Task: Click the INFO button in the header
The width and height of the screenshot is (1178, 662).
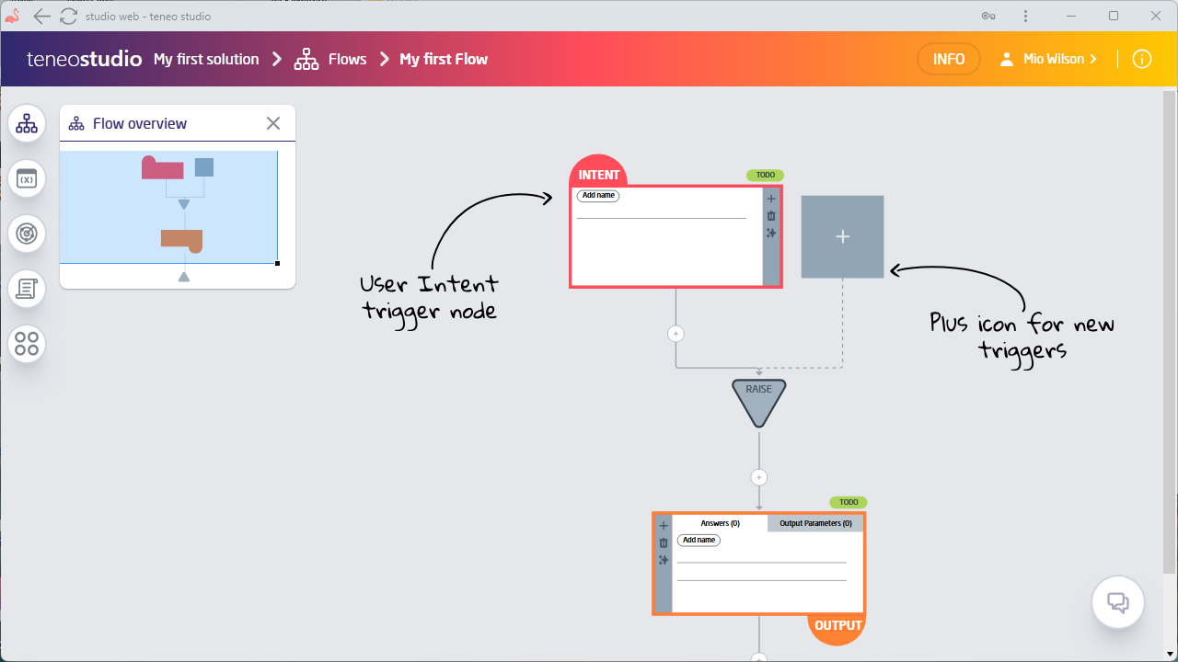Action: click(949, 59)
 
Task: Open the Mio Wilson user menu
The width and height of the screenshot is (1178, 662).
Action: click(1050, 59)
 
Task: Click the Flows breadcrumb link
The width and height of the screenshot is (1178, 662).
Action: click(347, 59)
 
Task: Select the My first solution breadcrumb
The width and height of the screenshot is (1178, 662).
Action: click(206, 59)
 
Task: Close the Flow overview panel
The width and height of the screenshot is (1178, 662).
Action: click(273, 123)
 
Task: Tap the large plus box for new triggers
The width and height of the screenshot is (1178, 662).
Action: click(842, 236)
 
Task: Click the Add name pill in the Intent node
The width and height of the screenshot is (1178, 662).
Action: click(598, 196)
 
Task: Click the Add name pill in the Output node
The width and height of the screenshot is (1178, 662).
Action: click(699, 540)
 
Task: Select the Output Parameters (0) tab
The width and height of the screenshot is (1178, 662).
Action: click(815, 523)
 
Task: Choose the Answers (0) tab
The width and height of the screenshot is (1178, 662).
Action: click(721, 523)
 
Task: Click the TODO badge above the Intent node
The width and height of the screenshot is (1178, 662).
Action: click(765, 175)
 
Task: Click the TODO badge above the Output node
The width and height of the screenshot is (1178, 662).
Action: click(848, 502)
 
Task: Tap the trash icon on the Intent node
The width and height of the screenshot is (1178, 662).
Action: click(771, 216)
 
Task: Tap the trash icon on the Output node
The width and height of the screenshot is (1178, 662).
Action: click(664, 543)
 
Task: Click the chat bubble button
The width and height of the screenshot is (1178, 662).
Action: click(1118, 603)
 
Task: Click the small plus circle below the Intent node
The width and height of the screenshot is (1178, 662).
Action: click(676, 334)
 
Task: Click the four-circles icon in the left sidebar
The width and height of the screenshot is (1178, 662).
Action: click(27, 344)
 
